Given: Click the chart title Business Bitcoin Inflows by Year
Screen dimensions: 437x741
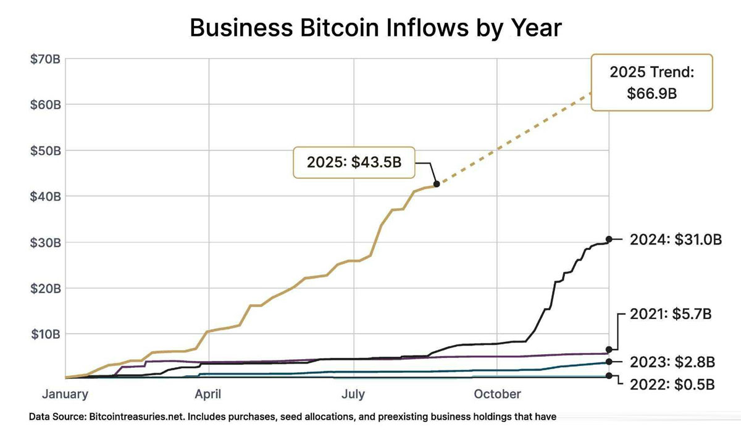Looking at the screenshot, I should [375, 28].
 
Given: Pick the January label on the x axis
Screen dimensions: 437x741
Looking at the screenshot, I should [65, 394].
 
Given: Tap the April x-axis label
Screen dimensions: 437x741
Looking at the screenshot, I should [209, 394].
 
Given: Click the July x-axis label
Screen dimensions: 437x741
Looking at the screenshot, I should [353, 394].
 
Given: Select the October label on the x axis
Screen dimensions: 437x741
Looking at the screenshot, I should [498, 394].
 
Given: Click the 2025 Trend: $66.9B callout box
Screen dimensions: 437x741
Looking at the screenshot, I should [651, 82].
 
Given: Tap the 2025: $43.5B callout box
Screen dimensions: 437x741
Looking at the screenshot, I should [354, 162].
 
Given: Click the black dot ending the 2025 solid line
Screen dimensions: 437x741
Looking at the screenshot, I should [437, 183].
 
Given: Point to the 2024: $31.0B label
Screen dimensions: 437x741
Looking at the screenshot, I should [676, 239].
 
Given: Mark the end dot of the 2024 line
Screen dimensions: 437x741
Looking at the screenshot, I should [609, 239].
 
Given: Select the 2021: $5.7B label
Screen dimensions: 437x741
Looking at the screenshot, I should [671, 314].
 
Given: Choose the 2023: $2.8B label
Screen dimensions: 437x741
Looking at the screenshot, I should [672, 361].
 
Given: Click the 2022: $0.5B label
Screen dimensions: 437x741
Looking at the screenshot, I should [672, 384].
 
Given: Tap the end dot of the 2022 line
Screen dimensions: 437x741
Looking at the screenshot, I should [609, 375].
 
